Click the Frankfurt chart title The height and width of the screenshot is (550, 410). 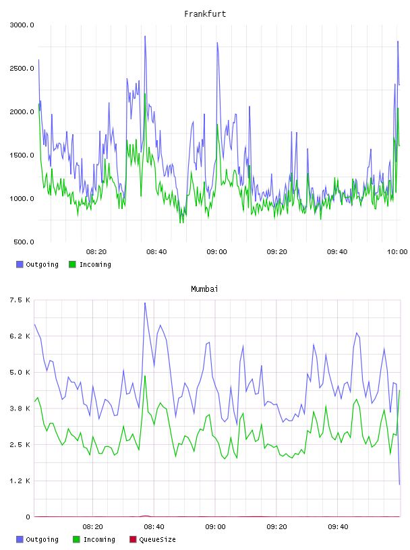[205, 14]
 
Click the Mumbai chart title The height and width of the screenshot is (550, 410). [204, 289]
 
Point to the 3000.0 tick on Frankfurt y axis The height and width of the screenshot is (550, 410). [22, 25]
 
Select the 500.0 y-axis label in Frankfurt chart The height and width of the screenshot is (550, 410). [24, 242]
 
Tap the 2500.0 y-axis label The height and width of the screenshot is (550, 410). [22, 68]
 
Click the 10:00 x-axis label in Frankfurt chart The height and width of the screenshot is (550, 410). [397, 252]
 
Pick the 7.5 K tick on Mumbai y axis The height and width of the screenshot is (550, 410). [20, 300]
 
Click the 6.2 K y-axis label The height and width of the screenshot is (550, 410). [20, 336]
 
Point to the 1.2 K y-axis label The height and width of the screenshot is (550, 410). [20, 481]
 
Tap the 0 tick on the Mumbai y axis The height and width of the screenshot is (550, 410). [28, 517]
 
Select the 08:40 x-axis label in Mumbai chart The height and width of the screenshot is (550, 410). [154, 527]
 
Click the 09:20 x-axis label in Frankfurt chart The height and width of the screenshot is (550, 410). [276, 252]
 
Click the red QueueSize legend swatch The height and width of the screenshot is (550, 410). [133, 539]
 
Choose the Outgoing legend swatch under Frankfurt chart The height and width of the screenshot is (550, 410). [20, 264]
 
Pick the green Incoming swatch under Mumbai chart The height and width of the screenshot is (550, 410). [76, 539]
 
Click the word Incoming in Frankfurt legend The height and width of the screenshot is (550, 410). [95, 265]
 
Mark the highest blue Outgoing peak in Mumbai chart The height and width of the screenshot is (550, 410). [145, 303]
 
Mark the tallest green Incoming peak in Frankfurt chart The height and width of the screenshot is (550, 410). [145, 94]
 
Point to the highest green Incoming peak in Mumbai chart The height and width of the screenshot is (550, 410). [145, 376]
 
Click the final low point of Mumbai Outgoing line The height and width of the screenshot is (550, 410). [399, 485]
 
